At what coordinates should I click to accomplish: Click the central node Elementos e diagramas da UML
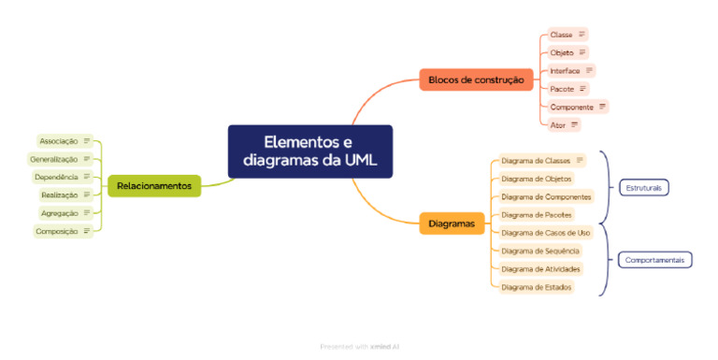coord(309,151)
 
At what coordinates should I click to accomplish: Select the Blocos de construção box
coord(476,80)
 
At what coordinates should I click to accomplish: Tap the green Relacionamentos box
coord(154,186)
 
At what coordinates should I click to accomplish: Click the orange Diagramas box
coord(452,223)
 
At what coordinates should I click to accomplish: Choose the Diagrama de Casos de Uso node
coord(546,233)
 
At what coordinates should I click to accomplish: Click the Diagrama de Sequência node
coord(540,251)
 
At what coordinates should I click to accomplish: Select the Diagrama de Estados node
coord(536,287)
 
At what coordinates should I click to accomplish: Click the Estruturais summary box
coord(642,188)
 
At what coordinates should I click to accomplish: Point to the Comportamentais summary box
coord(654,260)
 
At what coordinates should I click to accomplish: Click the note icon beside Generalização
coord(87,159)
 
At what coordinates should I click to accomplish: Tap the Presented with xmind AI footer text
coord(360,346)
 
